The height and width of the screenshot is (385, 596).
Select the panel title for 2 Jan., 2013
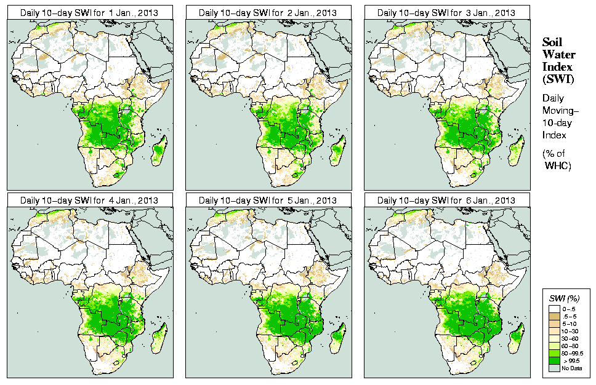(x=267, y=12)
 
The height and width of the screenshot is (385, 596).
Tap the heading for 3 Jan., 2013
(x=446, y=12)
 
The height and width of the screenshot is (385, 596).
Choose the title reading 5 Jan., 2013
(x=267, y=200)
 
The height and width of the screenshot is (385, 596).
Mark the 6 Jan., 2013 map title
(x=446, y=200)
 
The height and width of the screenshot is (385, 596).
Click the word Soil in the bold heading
(x=552, y=42)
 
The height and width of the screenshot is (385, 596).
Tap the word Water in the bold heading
(x=557, y=54)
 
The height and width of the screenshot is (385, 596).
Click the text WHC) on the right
(x=559, y=166)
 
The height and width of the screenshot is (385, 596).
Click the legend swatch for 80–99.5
(x=554, y=353)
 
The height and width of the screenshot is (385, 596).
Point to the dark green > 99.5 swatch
(x=554, y=360)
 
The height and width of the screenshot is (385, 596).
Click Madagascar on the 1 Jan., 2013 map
(x=159, y=150)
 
